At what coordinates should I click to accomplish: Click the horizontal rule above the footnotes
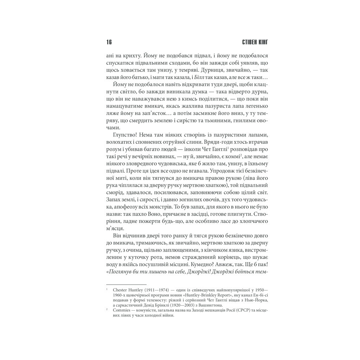click(x=126, y=284)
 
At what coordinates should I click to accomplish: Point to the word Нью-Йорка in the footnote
click(x=256, y=300)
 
